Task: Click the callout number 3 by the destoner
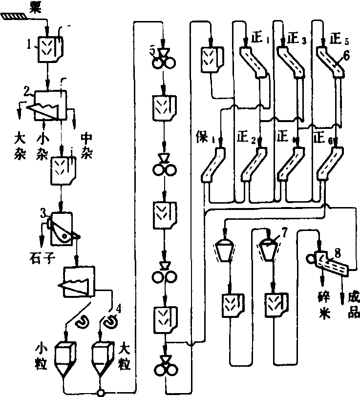point(43,213)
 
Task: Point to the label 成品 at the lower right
point(353,303)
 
